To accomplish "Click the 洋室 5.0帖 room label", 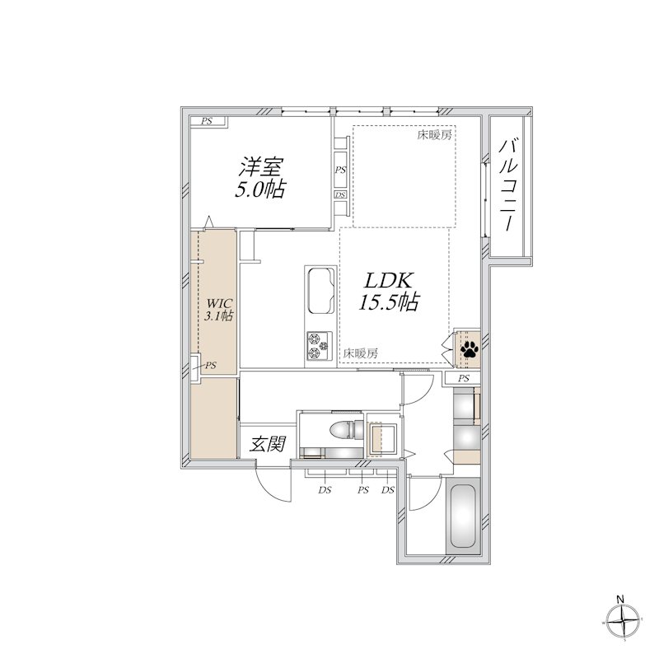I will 261,177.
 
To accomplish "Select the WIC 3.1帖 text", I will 218,308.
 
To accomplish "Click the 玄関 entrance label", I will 268,445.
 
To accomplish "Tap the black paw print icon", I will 469,349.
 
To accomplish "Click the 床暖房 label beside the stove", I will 361,353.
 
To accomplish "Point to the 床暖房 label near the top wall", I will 433,135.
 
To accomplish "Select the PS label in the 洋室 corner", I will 206,122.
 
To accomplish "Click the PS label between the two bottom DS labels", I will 362,490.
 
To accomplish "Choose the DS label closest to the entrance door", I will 325,490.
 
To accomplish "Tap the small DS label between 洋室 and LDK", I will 339,195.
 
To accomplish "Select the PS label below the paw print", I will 464,378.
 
